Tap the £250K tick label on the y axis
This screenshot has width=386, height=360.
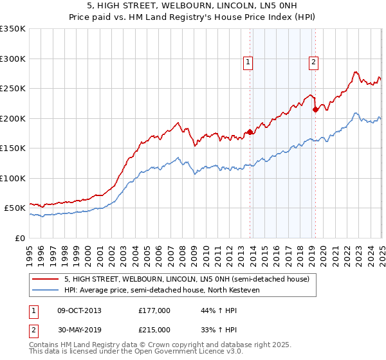click(x=13, y=89)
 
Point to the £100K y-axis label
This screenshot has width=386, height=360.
click(x=13, y=178)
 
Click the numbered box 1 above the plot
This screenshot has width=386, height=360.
click(x=248, y=62)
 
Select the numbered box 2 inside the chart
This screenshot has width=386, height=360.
click(x=313, y=62)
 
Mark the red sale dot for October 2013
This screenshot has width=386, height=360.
click(x=250, y=132)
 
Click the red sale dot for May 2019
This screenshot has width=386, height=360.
click(x=315, y=110)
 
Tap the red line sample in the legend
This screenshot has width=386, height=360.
click(x=46, y=279)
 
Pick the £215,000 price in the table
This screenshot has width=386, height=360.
click(x=154, y=329)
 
